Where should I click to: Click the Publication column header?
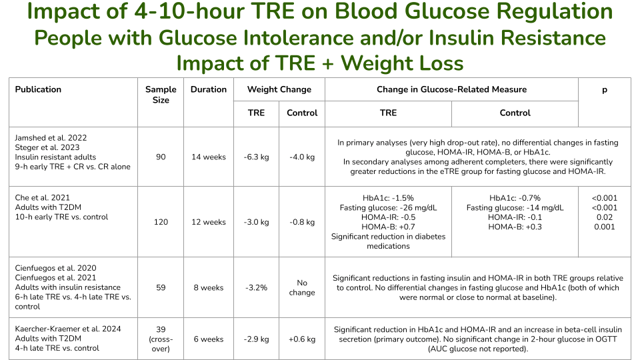click(38, 89)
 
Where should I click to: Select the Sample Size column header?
click(161, 95)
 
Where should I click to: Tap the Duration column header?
click(209, 89)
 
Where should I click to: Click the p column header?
click(605, 89)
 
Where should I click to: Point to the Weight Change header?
click(279, 89)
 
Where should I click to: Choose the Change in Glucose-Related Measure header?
click(451, 89)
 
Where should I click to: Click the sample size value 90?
click(161, 157)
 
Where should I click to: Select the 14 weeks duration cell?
click(209, 157)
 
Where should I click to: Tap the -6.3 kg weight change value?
click(257, 157)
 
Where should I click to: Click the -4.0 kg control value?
click(302, 157)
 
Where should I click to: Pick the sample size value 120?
click(161, 222)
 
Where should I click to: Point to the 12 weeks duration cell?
click(209, 222)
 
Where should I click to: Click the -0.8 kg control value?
click(302, 222)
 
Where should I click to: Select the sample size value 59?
click(161, 288)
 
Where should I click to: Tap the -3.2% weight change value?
click(257, 288)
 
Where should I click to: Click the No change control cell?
click(302, 288)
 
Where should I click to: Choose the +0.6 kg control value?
click(302, 339)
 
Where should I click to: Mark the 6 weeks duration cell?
click(209, 339)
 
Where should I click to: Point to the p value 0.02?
click(605, 217)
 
